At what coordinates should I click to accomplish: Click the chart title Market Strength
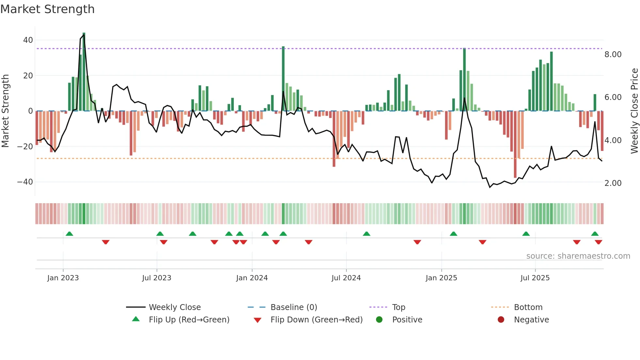(47, 9)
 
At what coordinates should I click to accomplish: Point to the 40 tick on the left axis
(28, 40)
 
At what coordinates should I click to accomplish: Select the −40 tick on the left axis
(25, 182)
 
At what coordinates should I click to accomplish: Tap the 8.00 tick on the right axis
(613, 55)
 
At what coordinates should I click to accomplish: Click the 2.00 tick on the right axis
(613, 183)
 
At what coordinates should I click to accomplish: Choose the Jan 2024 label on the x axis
(252, 278)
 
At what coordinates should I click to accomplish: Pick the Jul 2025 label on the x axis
(535, 278)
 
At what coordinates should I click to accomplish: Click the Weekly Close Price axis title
(634, 111)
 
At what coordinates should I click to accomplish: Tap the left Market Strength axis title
(5, 111)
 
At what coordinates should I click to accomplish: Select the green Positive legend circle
(379, 320)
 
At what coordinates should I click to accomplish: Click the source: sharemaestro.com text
(578, 256)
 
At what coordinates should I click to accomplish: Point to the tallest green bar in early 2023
(84, 72)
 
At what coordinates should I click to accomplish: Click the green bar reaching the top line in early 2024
(283, 78)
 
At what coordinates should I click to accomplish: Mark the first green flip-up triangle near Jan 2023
(69, 234)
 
